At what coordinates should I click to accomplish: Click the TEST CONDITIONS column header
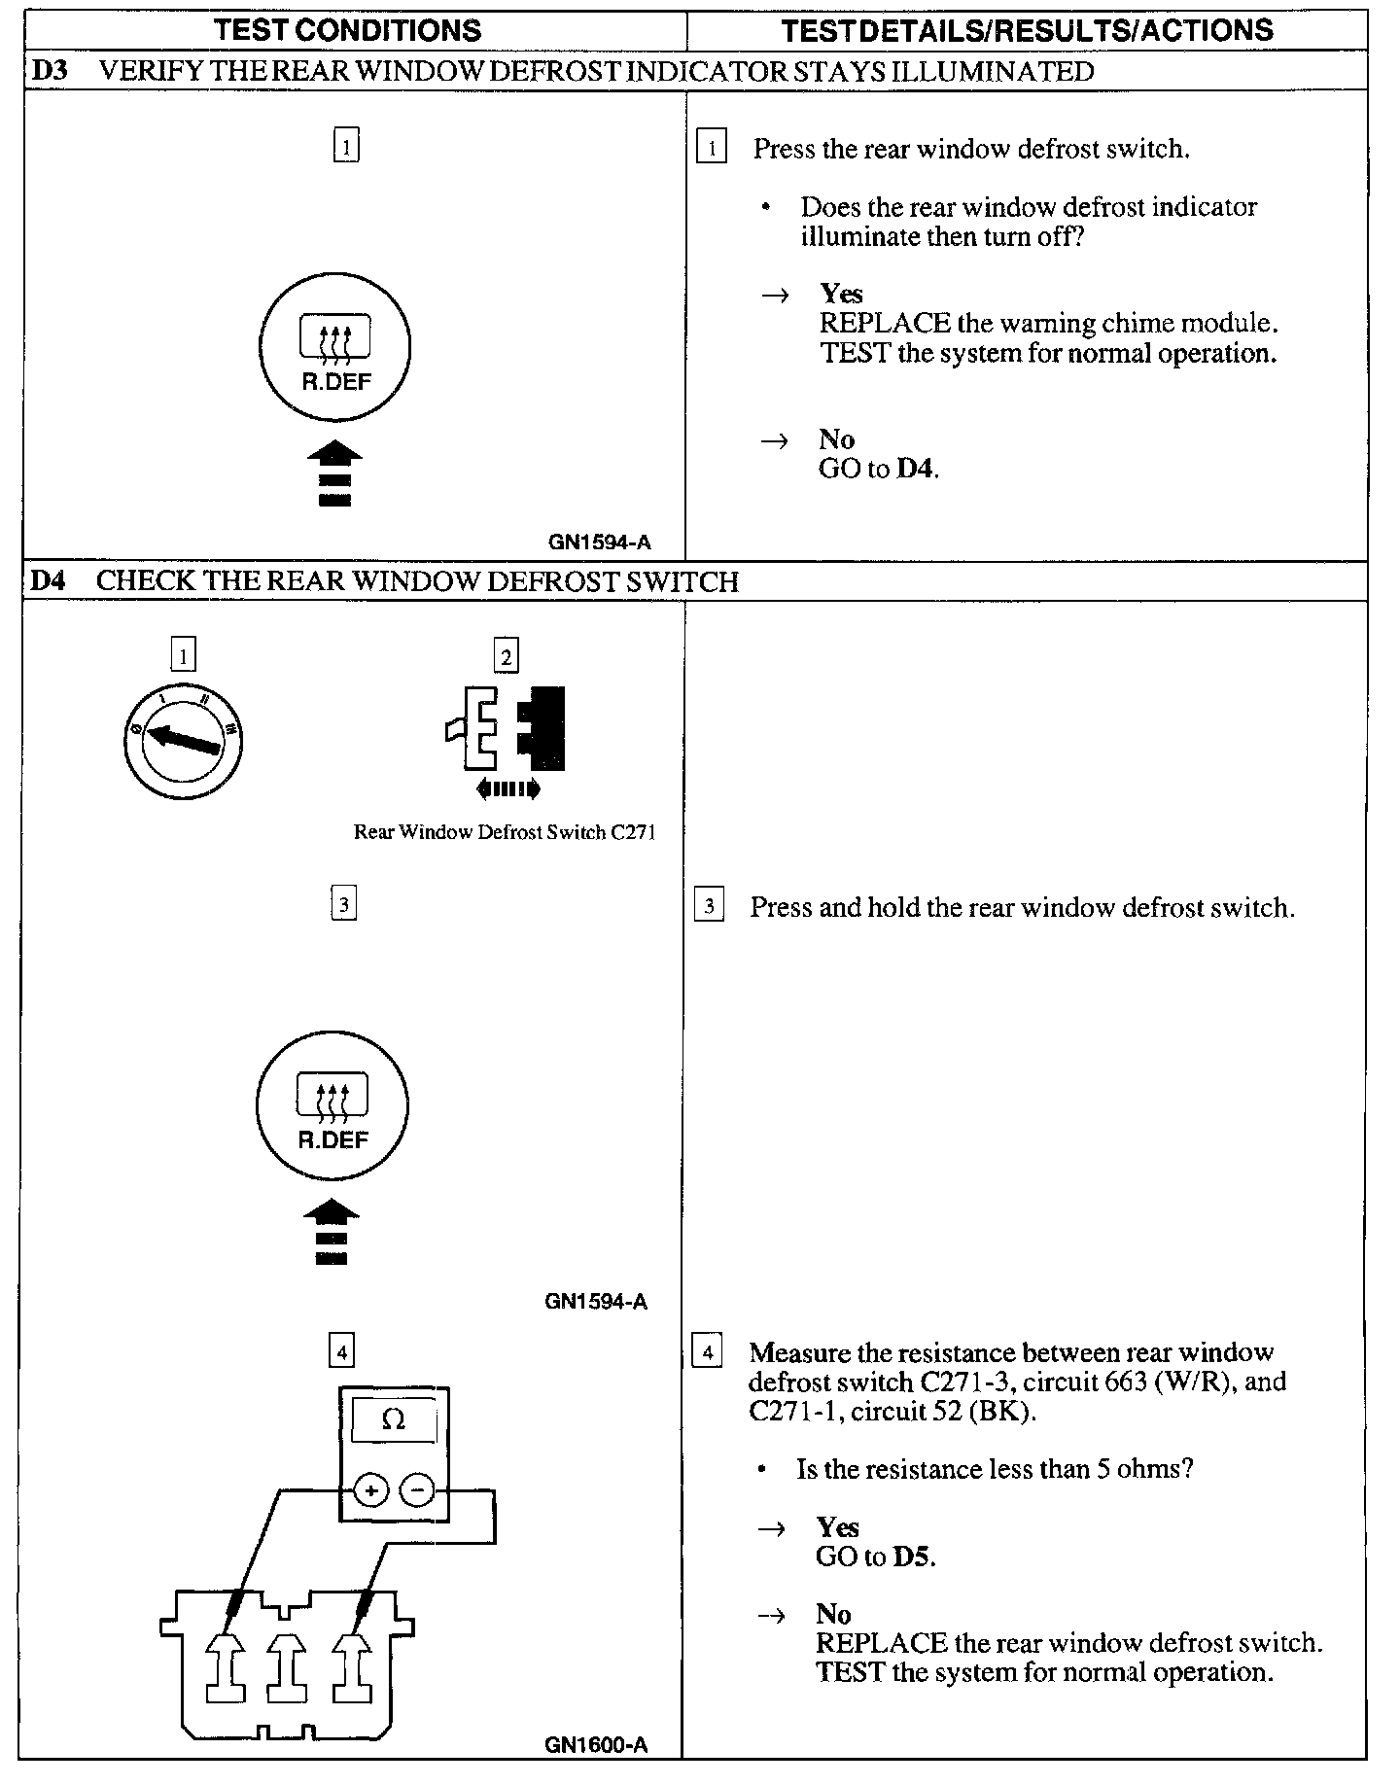[x=347, y=30]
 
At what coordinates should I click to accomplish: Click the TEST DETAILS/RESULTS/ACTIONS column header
[x=1027, y=30]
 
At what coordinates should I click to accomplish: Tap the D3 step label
[x=49, y=71]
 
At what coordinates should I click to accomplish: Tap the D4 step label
[x=48, y=581]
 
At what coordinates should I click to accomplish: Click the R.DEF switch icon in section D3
[x=335, y=347]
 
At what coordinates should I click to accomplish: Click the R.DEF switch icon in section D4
[x=332, y=1106]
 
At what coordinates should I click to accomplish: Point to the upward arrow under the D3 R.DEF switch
[x=334, y=473]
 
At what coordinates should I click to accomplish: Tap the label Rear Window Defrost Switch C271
[x=505, y=832]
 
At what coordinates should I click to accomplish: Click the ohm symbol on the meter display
[x=393, y=1421]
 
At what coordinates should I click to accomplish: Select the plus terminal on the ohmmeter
[x=370, y=1490]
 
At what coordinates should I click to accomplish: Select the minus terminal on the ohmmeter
[x=417, y=1490]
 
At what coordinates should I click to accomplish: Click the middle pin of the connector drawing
[x=286, y=1664]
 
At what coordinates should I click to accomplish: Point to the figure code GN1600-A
[x=596, y=1745]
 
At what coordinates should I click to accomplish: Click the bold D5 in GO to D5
[x=913, y=1557]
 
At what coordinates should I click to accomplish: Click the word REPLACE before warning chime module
[x=885, y=323]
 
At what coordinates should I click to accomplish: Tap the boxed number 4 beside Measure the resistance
[x=707, y=1352]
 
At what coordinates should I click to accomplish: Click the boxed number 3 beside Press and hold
[x=709, y=907]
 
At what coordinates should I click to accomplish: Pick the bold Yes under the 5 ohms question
[x=838, y=1527]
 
